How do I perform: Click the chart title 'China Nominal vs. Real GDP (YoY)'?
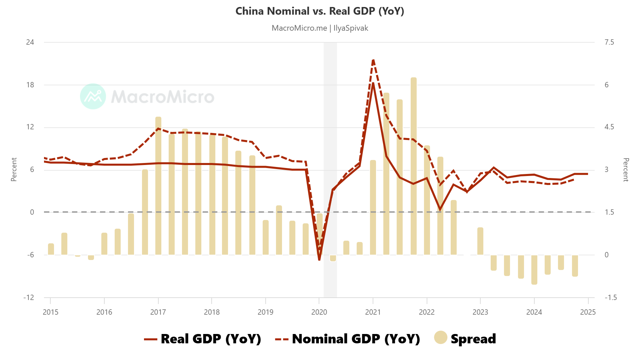point(320,11)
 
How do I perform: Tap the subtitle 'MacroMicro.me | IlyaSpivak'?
point(320,28)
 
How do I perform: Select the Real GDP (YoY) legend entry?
point(202,339)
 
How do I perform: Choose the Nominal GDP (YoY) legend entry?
point(347,339)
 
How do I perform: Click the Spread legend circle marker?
point(440,337)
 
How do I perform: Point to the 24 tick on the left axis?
point(30,42)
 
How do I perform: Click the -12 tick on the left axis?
point(29,298)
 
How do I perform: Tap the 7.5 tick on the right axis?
point(609,42)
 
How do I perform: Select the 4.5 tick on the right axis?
point(609,127)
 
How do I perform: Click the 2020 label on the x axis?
point(319,312)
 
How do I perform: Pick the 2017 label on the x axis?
point(158,312)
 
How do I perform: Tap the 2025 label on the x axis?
point(588,312)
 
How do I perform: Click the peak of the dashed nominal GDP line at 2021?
point(373,60)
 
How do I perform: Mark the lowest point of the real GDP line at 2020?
point(319,259)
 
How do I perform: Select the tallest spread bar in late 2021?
point(414,167)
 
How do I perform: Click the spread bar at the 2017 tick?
point(158,187)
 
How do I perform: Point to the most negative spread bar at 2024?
point(534,270)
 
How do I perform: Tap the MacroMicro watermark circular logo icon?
point(93,96)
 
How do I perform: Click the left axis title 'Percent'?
point(14,170)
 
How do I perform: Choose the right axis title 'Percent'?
point(626,170)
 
